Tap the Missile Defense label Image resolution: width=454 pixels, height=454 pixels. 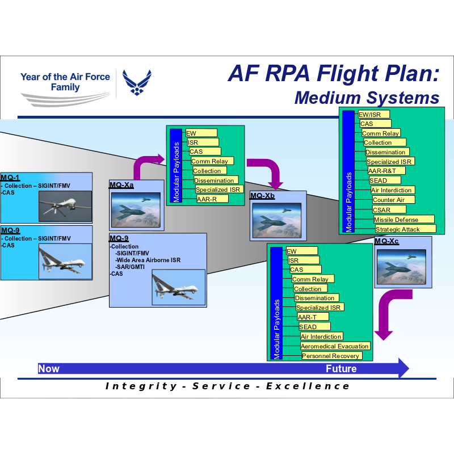[403, 220]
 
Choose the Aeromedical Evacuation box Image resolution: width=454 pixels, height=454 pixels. [335, 346]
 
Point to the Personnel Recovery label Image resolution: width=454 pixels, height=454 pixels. [331, 356]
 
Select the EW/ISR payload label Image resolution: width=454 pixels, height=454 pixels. [374, 114]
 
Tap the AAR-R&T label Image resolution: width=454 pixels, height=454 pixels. [386, 170]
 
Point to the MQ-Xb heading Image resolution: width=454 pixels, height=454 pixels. [262, 196]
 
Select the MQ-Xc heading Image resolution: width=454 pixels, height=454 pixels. [386, 241]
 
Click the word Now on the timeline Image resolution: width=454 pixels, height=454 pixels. [49, 369]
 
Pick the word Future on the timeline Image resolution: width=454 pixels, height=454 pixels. [341, 369]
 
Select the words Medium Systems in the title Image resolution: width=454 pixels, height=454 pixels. [367, 98]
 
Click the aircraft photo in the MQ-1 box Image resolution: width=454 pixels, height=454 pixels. [65, 205]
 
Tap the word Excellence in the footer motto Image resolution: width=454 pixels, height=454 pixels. [308, 386]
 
